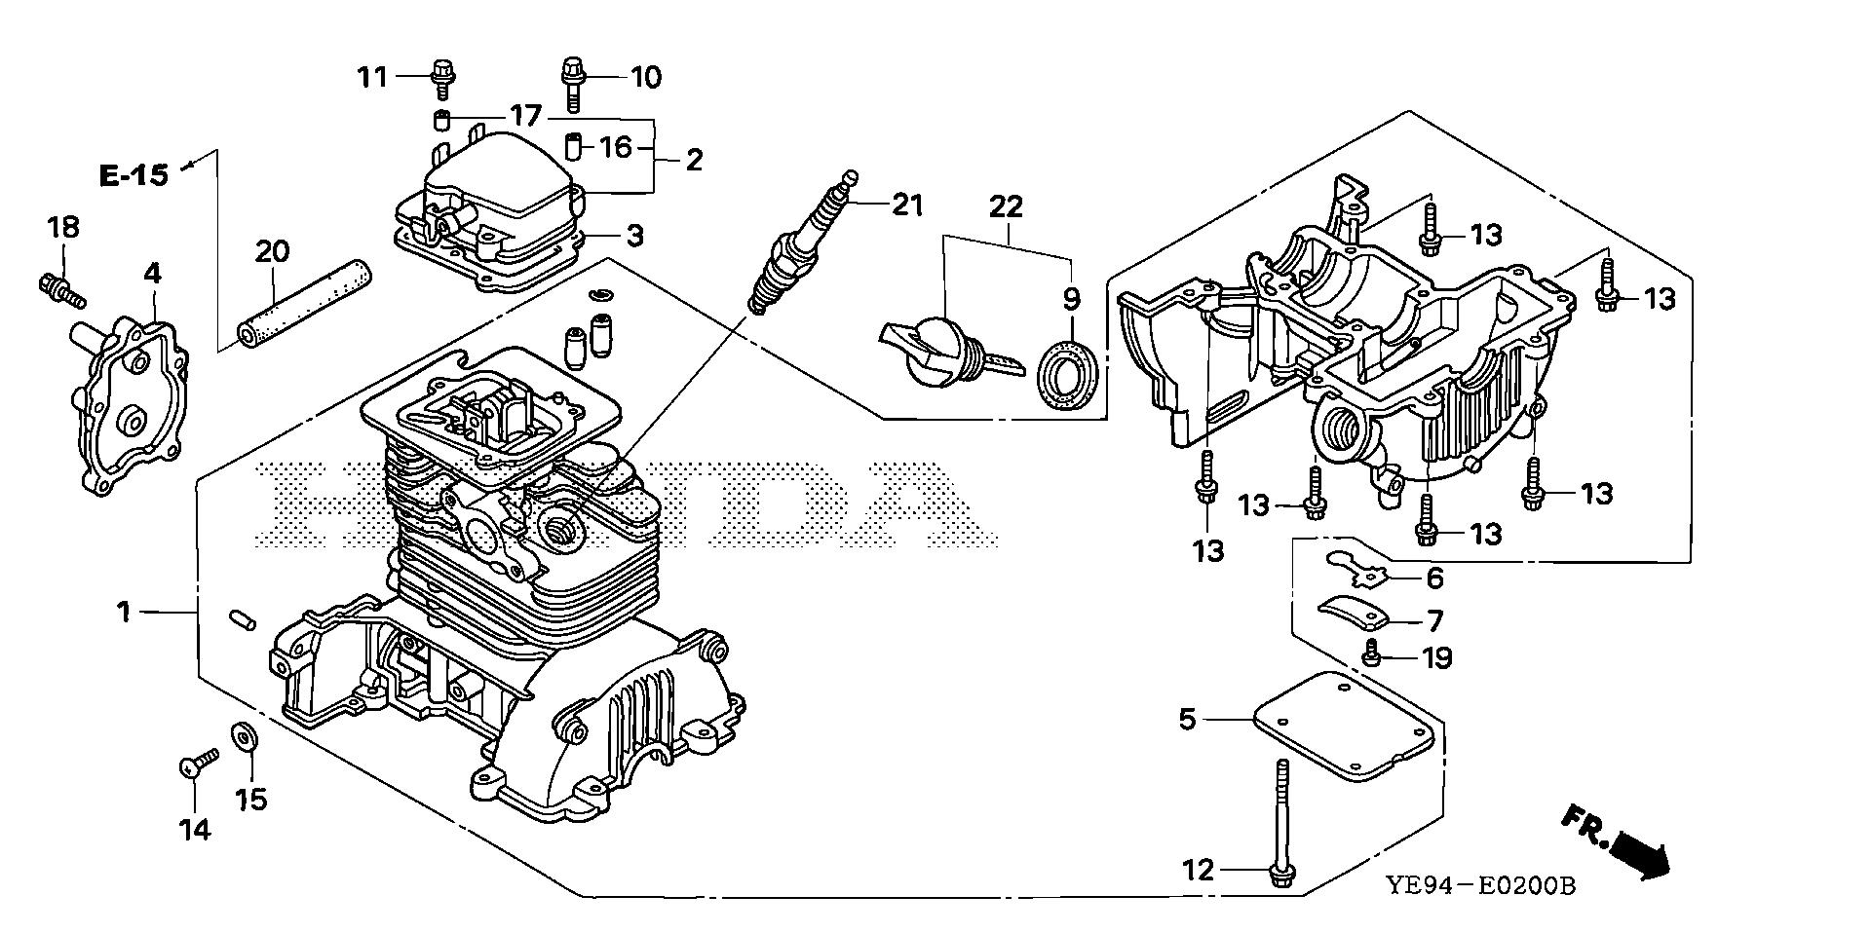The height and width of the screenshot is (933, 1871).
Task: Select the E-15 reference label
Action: tap(134, 175)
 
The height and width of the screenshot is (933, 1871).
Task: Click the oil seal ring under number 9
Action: tap(1070, 371)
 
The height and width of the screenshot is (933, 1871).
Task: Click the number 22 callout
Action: tap(1007, 206)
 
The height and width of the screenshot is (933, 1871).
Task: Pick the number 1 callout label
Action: tap(124, 612)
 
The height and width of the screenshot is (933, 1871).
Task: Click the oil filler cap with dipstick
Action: tap(938, 353)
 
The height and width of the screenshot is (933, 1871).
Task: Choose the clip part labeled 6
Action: tap(1360, 572)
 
